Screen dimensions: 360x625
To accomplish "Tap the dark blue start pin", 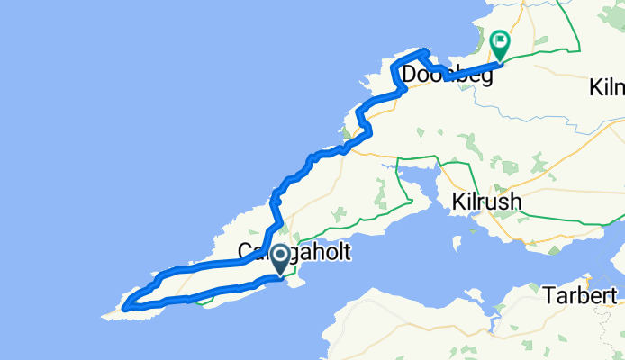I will click(280, 260).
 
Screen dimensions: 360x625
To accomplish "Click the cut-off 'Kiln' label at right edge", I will click(607, 88).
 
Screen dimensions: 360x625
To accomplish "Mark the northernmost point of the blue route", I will click(421, 50).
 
